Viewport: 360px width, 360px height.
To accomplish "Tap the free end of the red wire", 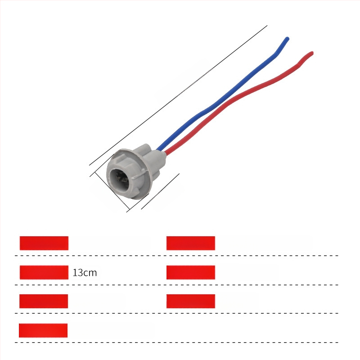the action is click(x=312, y=53).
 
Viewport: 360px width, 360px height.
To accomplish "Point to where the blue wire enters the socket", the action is click(x=158, y=149).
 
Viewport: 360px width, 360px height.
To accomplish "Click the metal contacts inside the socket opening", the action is click(x=121, y=177).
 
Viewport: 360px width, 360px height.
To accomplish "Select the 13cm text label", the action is click(x=85, y=273).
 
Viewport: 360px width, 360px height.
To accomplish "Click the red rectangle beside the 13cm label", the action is click(x=44, y=272).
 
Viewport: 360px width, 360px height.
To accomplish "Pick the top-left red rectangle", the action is click(x=44, y=243).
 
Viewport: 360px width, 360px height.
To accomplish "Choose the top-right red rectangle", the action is click(x=190, y=243).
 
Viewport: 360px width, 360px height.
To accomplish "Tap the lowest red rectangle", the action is click(x=43, y=330).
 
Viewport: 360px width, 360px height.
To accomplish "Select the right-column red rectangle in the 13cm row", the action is click(x=190, y=272).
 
